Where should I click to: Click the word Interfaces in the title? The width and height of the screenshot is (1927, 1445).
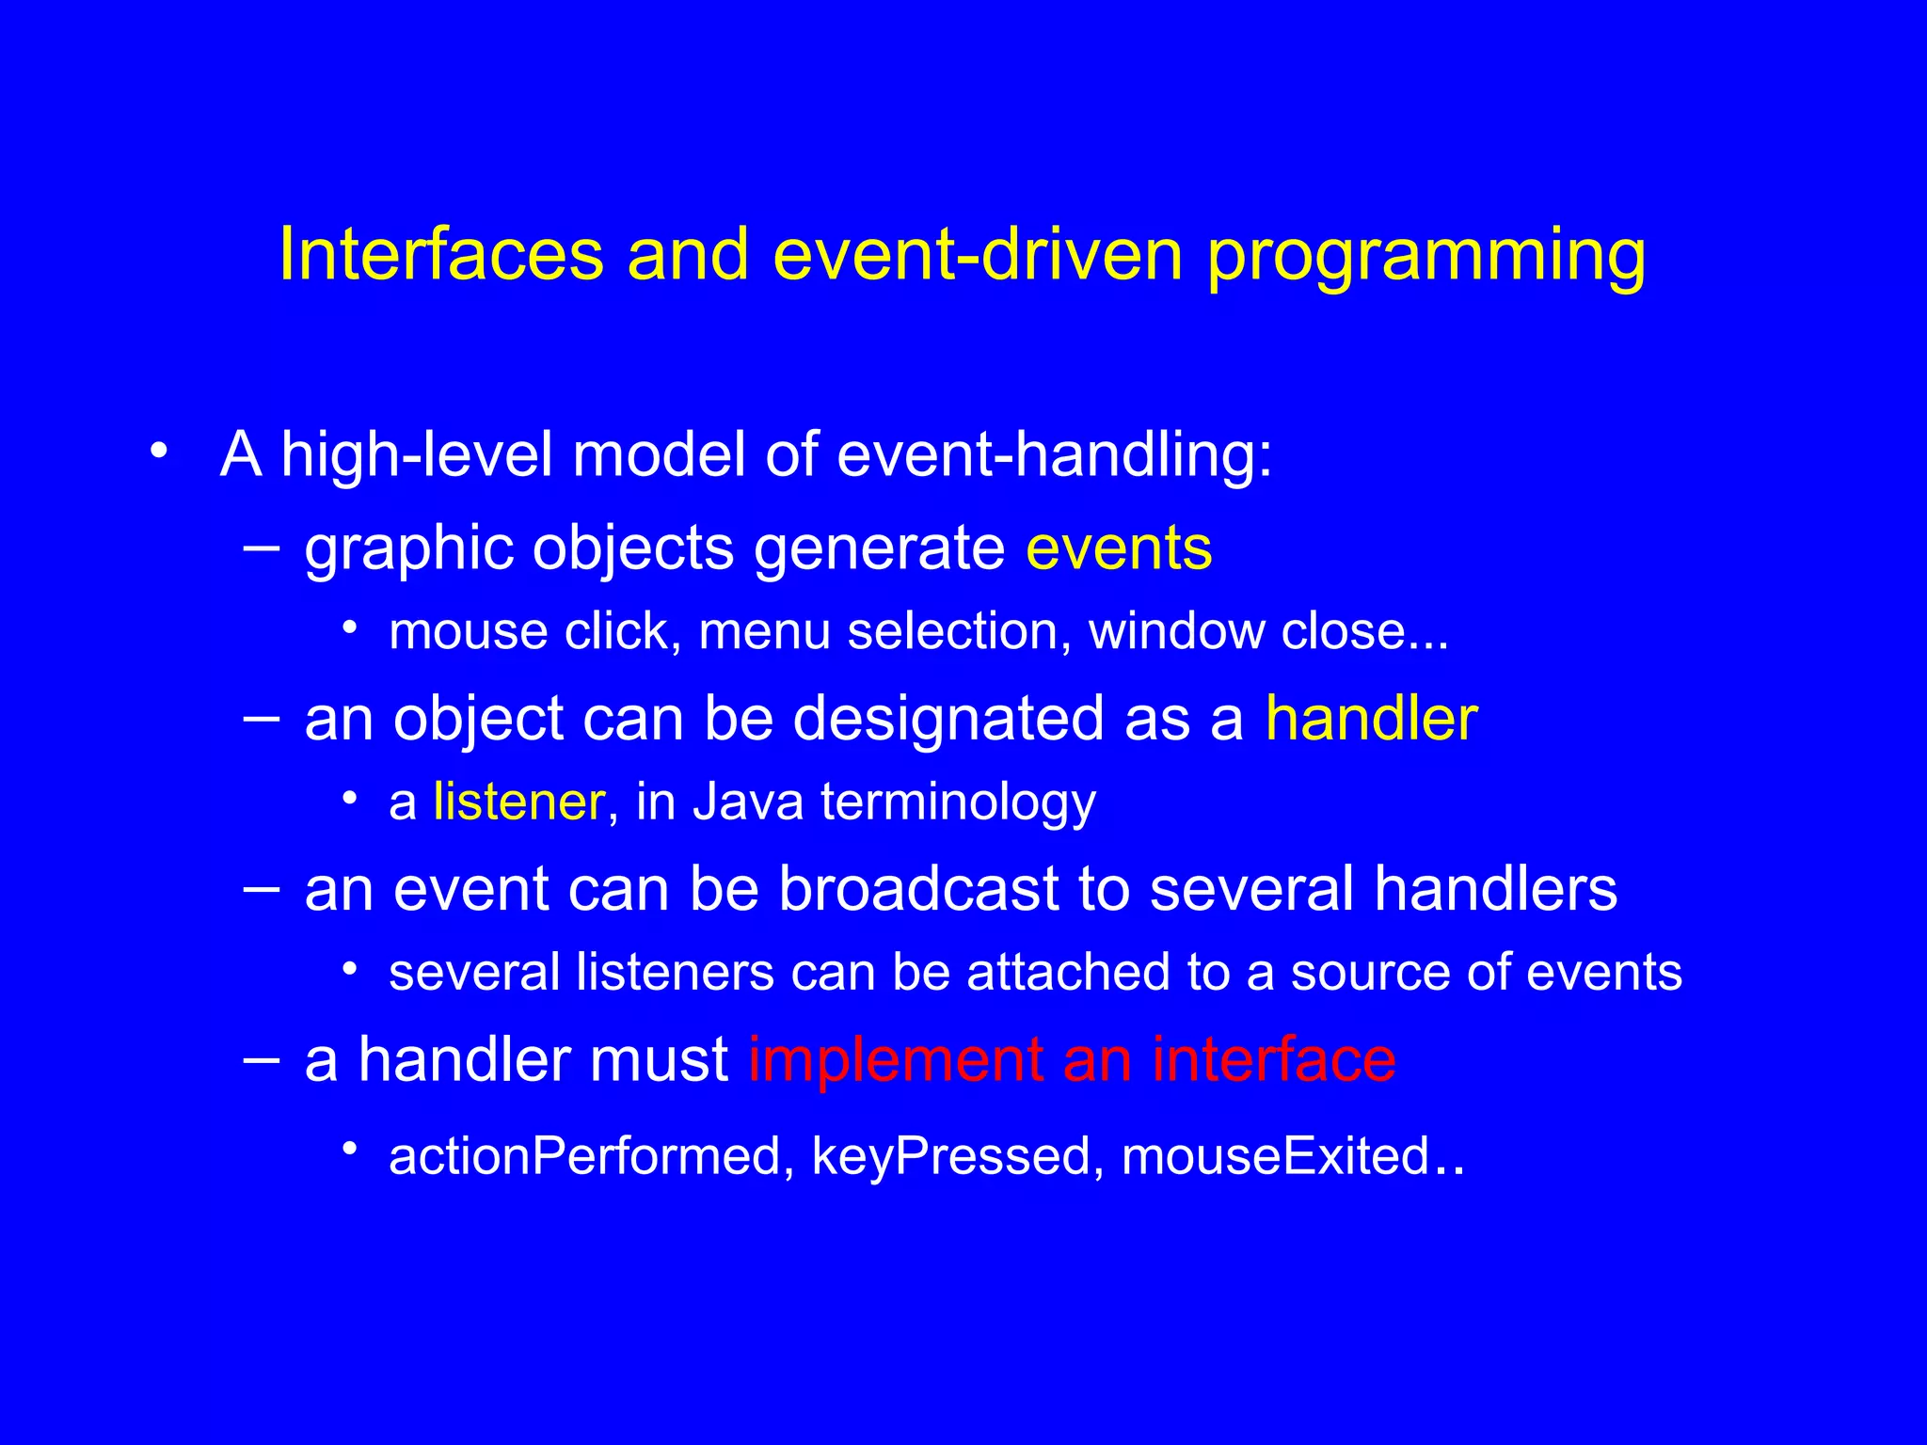(x=440, y=256)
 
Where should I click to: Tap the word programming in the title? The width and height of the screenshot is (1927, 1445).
(x=1425, y=256)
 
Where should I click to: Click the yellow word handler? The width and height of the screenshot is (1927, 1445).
(x=1371, y=719)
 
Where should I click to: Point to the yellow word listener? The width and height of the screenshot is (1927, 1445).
(x=518, y=802)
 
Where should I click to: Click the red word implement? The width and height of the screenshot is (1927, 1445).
(x=895, y=1059)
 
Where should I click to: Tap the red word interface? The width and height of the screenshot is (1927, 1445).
(x=1273, y=1059)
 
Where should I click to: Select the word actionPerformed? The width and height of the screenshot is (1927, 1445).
(x=584, y=1156)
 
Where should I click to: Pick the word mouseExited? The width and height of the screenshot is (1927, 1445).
(x=1275, y=1156)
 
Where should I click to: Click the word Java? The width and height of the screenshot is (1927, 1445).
(x=748, y=802)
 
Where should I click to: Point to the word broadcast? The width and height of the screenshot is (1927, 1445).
(x=918, y=889)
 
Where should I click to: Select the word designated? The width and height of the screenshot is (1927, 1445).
(x=948, y=719)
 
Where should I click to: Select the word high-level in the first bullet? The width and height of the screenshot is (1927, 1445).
(x=417, y=454)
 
